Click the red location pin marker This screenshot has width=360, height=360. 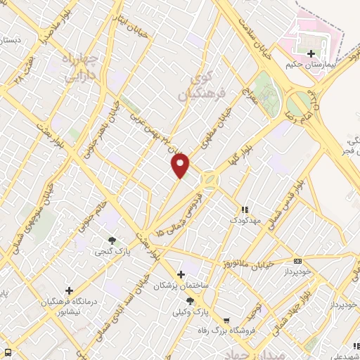[x=181, y=166]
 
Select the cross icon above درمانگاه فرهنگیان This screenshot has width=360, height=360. [x=69, y=290]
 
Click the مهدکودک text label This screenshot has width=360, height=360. [x=245, y=220]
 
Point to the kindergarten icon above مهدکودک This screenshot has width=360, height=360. [x=245, y=210]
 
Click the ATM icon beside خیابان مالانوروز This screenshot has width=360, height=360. [x=297, y=261]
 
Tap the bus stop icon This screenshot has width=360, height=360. [x=7, y=352]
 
